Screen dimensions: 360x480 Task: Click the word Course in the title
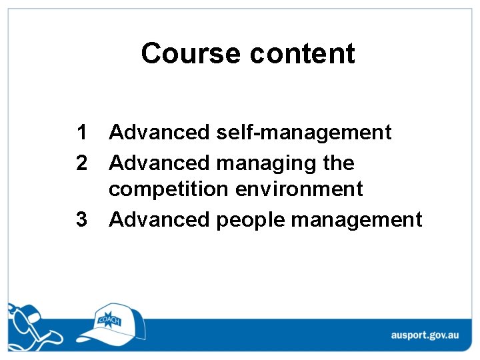pyautogui.click(x=191, y=53)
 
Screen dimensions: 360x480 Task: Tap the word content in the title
pyautogui.click(x=303, y=53)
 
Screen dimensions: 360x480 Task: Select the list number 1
pyautogui.click(x=81, y=133)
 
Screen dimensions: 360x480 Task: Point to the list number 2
pyautogui.click(x=81, y=163)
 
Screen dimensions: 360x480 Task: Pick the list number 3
pyautogui.click(x=81, y=219)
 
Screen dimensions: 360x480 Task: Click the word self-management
pyautogui.click(x=304, y=133)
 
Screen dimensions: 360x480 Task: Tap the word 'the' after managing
pyautogui.click(x=337, y=163)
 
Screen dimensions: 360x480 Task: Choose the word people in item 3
pyautogui.click(x=251, y=220)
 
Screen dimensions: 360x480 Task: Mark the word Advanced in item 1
pyautogui.click(x=159, y=133)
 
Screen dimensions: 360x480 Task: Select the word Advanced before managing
pyautogui.click(x=159, y=163)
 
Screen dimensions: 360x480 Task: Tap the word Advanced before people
pyautogui.click(x=159, y=219)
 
